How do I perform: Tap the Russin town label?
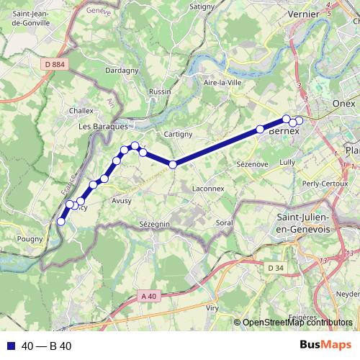[160, 91]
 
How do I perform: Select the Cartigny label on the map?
[178, 134]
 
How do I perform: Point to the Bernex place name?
[283, 132]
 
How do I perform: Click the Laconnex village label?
[209, 189]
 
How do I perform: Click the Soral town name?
[224, 223]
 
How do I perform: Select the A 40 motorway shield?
[148, 296]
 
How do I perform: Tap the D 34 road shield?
[275, 269]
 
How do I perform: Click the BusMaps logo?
[325, 345]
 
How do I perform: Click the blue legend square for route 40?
[10, 346]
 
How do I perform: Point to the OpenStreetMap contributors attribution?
[297, 322]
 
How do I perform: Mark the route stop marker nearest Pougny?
[61, 222]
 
